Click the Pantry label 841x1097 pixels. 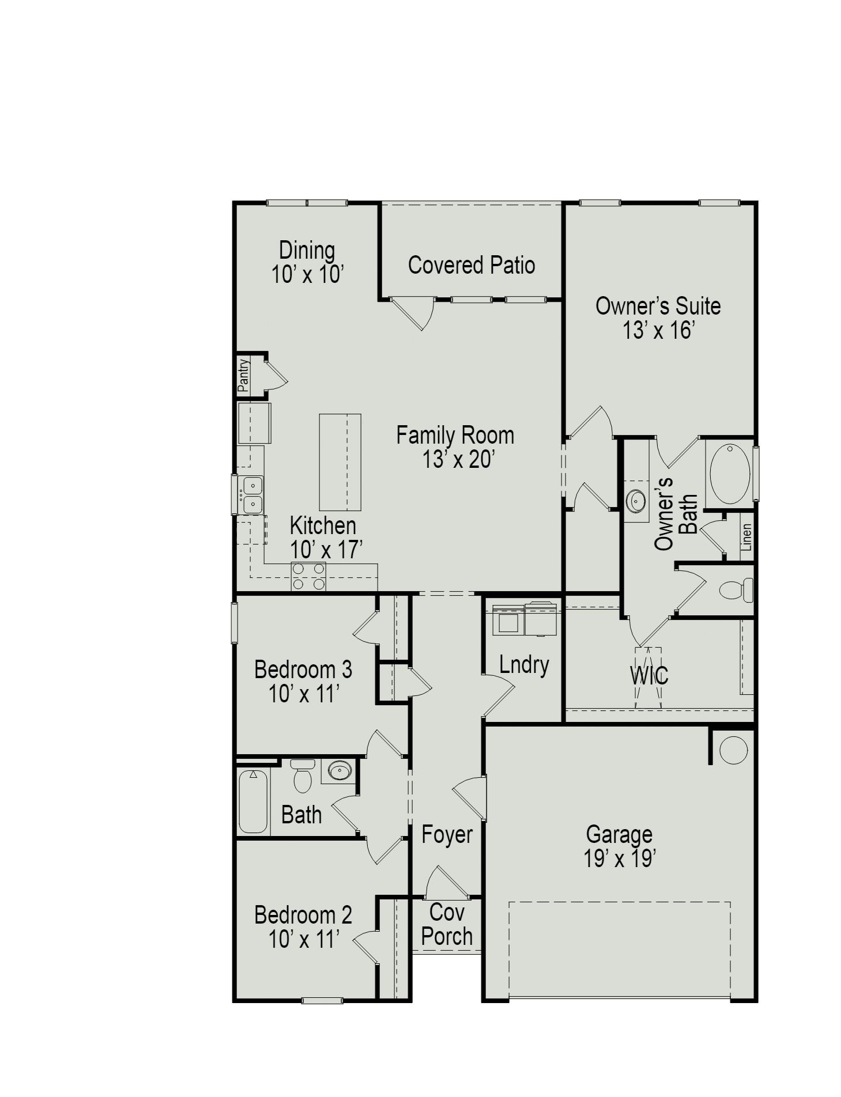pos(244,375)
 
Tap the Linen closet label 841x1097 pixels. pos(746,537)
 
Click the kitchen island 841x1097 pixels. pos(340,462)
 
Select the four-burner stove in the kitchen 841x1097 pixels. pos(308,576)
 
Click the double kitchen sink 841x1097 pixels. pos(252,495)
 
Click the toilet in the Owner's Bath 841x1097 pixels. pos(736,590)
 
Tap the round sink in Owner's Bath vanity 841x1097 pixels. pos(636,501)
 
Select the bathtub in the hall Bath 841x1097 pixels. pos(252,801)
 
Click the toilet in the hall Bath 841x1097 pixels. pos(302,776)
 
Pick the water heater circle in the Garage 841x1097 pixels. pos(733,750)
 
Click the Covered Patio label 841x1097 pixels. pos(471,265)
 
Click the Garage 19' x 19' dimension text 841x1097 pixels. pos(619,858)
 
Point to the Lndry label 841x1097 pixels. pos(523,665)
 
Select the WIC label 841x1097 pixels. pos(649,675)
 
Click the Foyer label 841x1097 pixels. pos(447,834)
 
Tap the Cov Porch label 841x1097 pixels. pos(447,924)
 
